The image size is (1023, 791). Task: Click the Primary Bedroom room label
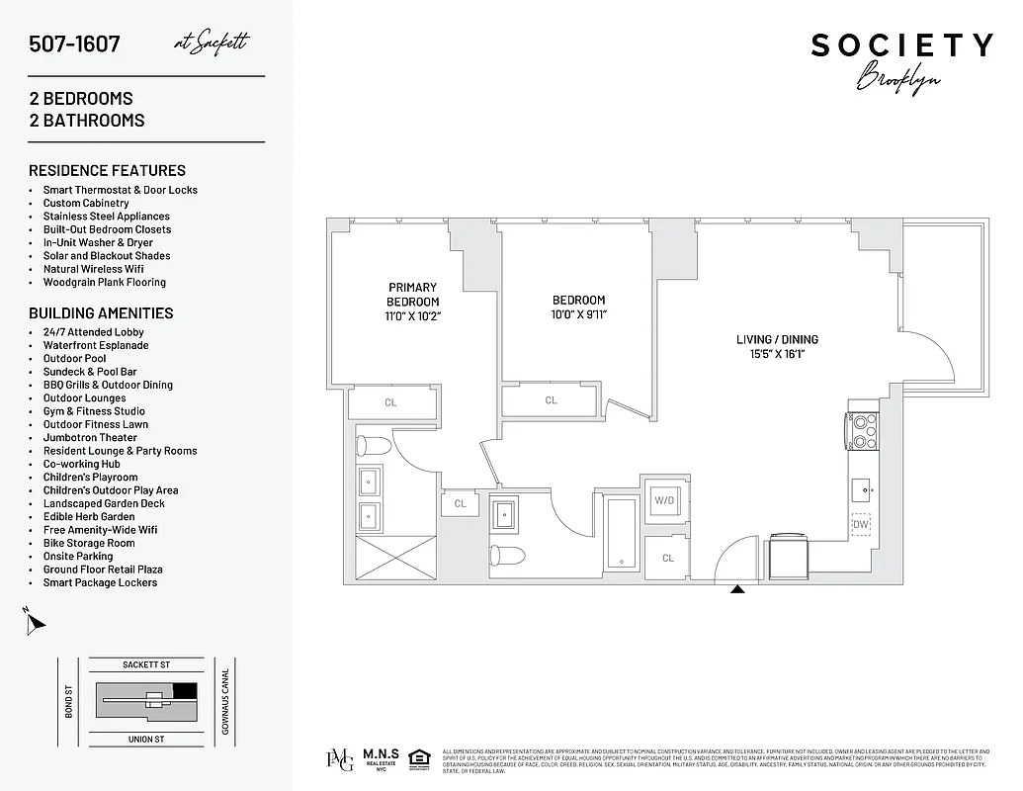click(x=412, y=295)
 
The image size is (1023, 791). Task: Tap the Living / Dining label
click(x=777, y=339)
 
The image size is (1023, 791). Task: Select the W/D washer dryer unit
click(x=663, y=500)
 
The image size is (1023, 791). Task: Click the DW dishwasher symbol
click(x=861, y=526)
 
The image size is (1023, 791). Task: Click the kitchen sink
click(x=862, y=486)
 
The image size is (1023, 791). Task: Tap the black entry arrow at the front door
click(x=737, y=589)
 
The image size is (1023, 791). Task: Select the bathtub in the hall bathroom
click(x=622, y=535)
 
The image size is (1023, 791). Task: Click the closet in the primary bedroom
click(x=391, y=402)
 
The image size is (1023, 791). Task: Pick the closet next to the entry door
click(x=668, y=558)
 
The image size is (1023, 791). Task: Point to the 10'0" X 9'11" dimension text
click(x=578, y=315)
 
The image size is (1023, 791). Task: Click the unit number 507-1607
click(x=75, y=44)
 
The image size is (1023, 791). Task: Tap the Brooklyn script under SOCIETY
click(x=897, y=78)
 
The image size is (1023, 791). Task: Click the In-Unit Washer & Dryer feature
click(x=98, y=242)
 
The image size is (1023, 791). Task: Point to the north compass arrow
click(x=36, y=622)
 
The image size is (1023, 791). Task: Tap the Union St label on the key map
click(x=145, y=739)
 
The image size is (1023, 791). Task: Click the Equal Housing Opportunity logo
click(x=419, y=758)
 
